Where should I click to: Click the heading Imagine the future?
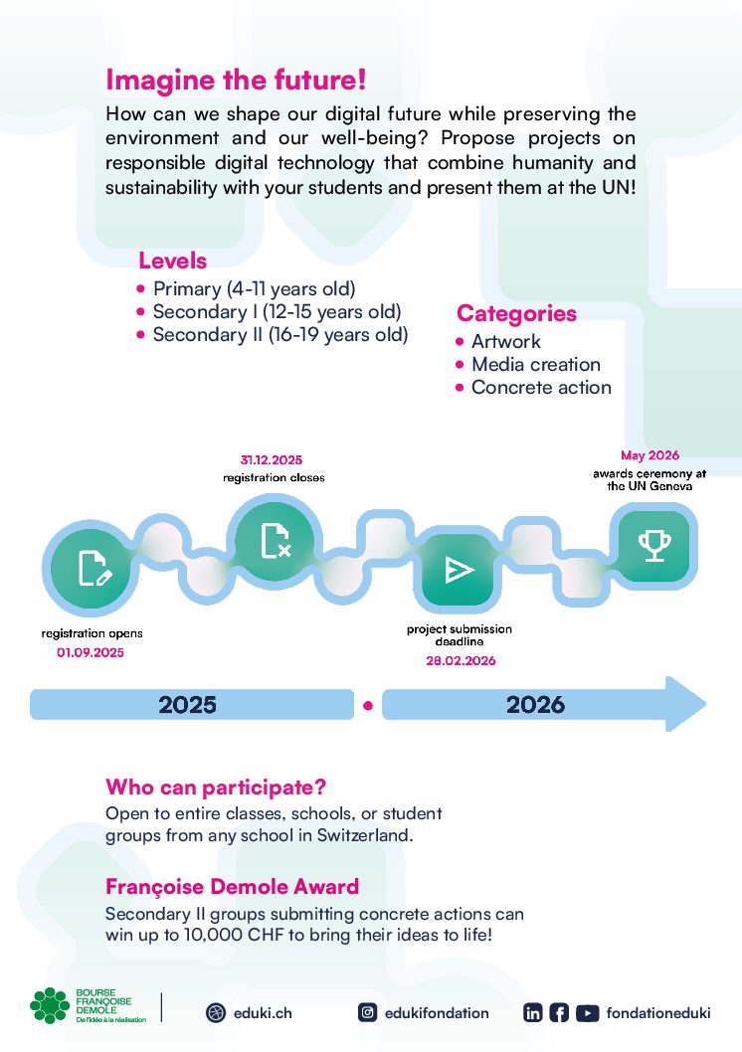tap(236, 80)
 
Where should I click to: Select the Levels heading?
tap(172, 261)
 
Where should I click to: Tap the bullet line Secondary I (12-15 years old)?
tap(269, 312)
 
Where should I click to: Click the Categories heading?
tap(516, 313)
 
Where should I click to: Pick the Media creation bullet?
tap(528, 364)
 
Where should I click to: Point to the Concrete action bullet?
tap(533, 387)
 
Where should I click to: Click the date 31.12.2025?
tap(271, 460)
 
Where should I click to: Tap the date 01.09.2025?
tap(91, 653)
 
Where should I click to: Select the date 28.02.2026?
tap(461, 661)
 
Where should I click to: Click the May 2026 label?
tap(649, 455)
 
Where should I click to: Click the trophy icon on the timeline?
tap(654, 546)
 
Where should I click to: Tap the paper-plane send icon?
tap(460, 570)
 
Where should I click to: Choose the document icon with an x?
tap(276, 541)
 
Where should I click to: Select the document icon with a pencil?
tap(94, 569)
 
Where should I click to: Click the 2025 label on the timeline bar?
tap(187, 704)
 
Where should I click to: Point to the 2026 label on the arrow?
tap(535, 704)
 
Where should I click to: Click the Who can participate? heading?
tap(216, 787)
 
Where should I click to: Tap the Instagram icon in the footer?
tap(368, 1012)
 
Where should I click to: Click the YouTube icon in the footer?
tap(587, 1013)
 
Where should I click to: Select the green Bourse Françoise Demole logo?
tap(88, 1005)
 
